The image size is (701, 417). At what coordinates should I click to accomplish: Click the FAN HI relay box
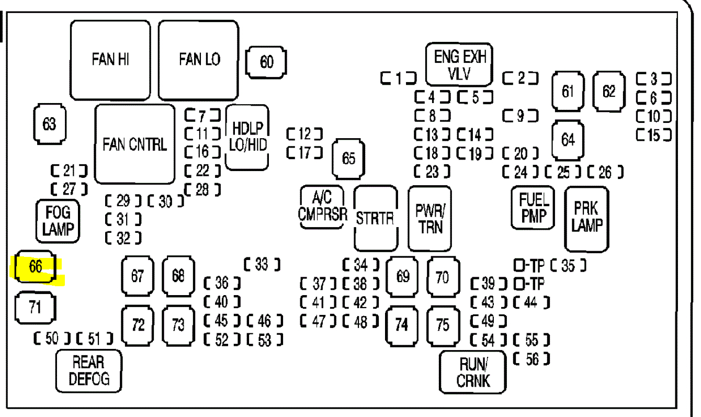coord(110,60)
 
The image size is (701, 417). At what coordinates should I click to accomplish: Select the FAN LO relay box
coord(199,60)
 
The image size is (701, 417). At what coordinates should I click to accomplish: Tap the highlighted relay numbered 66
coord(35,267)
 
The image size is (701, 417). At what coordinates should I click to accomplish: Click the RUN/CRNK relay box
coord(473,372)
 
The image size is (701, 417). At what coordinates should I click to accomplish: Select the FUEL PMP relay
coord(534,208)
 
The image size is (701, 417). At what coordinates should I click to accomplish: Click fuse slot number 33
coord(262,265)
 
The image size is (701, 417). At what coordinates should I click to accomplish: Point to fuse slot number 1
coord(399,79)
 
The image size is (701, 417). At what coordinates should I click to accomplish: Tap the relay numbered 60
coord(266,62)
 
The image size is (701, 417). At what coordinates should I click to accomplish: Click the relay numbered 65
coord(348,159)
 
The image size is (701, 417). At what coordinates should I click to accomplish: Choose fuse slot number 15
coord(654,135)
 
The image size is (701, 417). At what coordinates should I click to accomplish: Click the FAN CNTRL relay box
coord(135,144)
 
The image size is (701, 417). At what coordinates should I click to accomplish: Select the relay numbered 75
coord(442,325)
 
